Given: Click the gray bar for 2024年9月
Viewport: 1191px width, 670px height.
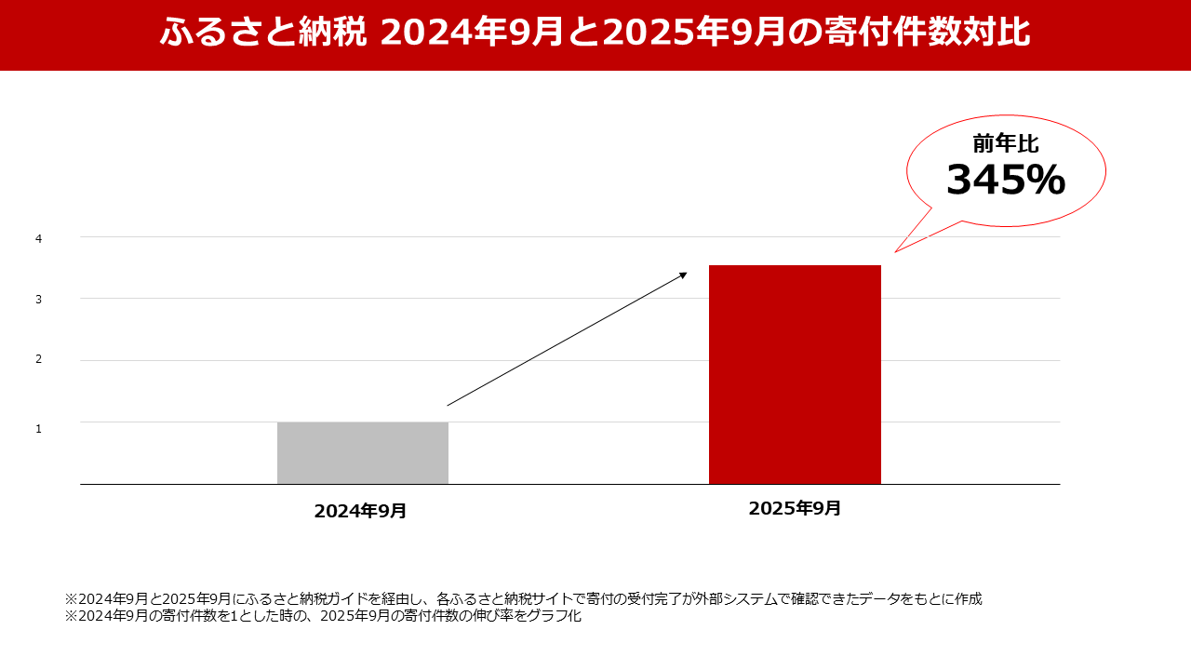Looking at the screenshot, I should click(x=363, y=453).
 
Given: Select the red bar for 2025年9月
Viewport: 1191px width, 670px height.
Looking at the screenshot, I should click(x=795, y=374).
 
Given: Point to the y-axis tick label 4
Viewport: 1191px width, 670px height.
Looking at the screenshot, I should click(x=39, y=239).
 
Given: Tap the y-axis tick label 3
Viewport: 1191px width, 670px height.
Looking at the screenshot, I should click(x=39, y=300).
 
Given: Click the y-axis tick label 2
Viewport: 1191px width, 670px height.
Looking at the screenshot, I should click(x=39, y=359).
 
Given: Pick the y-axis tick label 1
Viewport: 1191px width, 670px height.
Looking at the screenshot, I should click(x=39, y=429).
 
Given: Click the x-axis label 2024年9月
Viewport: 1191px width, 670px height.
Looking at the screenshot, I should click(x=360, y=511).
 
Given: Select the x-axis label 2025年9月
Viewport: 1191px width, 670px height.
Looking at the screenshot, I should click(x=795, y=508).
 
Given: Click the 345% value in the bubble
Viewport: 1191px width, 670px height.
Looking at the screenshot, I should click(x=1005, y=181).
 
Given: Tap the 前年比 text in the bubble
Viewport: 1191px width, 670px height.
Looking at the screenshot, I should click(x=1005, y=143).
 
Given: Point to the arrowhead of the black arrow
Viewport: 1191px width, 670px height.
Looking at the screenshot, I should click(x=684, y=275).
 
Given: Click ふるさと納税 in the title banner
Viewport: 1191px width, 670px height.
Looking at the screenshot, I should click(x=265, y=33).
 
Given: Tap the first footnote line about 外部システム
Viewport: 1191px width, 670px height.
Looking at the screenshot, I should click(x=523, y=598).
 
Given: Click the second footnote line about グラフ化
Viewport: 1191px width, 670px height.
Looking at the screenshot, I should click(x=323, y=615).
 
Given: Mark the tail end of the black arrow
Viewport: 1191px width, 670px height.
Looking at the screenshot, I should click(x=448, y=405).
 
